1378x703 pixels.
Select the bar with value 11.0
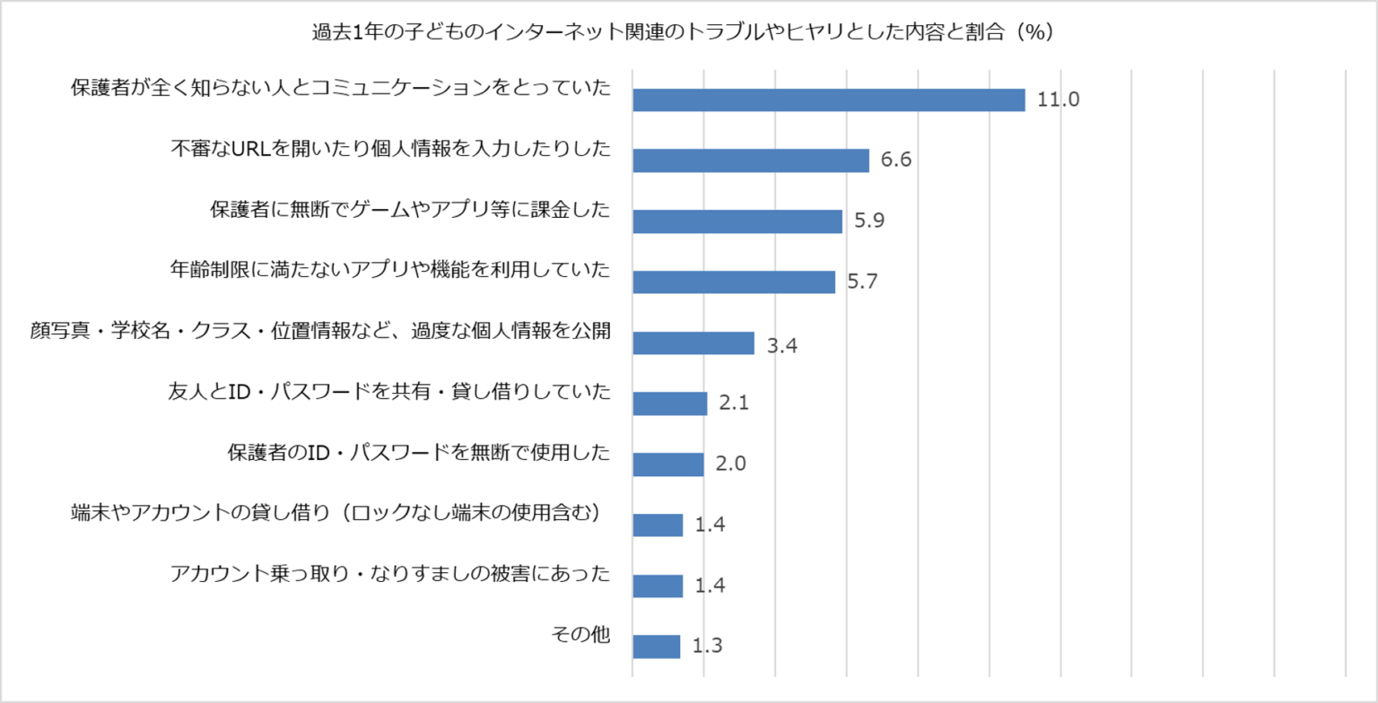click(x=828, y=100)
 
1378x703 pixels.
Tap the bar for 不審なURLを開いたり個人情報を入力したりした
click(x=751, y=161)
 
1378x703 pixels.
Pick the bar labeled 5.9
click(x=737, y=221)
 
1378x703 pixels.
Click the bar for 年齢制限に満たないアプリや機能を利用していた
click(x=734, y=282)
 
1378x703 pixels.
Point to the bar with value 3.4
click(x=693, y=343)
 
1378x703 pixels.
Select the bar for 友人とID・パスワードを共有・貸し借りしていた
click(x=670, y=404)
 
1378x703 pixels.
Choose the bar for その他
click(x=657, y=647)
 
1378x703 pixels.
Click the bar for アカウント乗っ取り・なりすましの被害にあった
click(x=658, y=586)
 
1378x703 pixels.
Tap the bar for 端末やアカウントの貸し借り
click(x=658, y=525)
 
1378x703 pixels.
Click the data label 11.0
click(x=1058, y=100)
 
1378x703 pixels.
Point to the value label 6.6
click(x=896, y=161)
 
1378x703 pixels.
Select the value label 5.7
click(x=862, y=282)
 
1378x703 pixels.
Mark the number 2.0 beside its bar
click(x=731, y=464)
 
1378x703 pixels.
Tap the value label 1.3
click(x=708, y=647)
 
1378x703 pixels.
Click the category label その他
click(x=580, y=635)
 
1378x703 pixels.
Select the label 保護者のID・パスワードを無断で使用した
click(x=418, y=452)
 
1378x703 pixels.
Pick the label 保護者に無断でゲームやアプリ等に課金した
click(x=410, y=210)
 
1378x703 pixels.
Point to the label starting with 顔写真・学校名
click(x=320, y=331)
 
